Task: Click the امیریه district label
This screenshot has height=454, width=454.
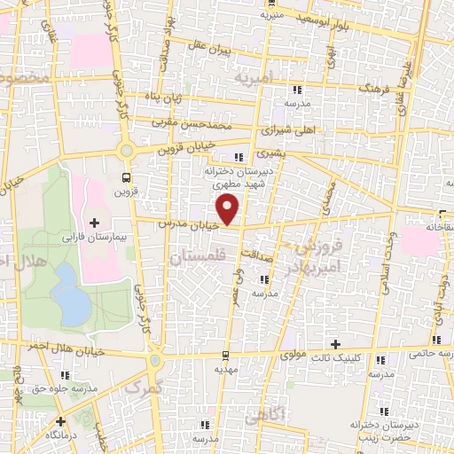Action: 257,79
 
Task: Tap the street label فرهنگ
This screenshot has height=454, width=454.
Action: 372,90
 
